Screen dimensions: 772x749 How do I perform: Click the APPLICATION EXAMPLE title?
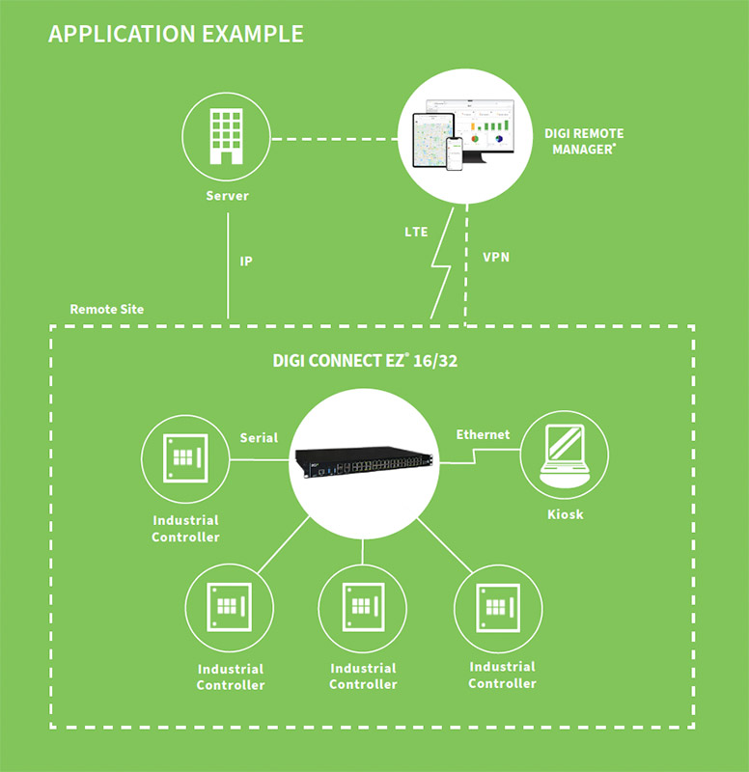click(x=176, y=34)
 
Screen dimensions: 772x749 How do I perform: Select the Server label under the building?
click(x=227, y=196)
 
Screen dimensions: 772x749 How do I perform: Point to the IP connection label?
click(x=246, y=261)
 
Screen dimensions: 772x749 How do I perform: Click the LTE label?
click(x=416, y=233)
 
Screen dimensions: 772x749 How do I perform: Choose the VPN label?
click(x=497, y=258)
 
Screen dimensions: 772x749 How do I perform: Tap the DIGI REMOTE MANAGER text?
click(x=585, y=141)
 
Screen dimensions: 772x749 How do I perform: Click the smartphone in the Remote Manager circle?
click(x=454, y=152)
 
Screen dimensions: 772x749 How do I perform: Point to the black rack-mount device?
click(x=363, y=462)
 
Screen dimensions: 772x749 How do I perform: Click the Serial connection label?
click(x=259, y=437)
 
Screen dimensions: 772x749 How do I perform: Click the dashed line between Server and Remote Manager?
click(x=333, y=141)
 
